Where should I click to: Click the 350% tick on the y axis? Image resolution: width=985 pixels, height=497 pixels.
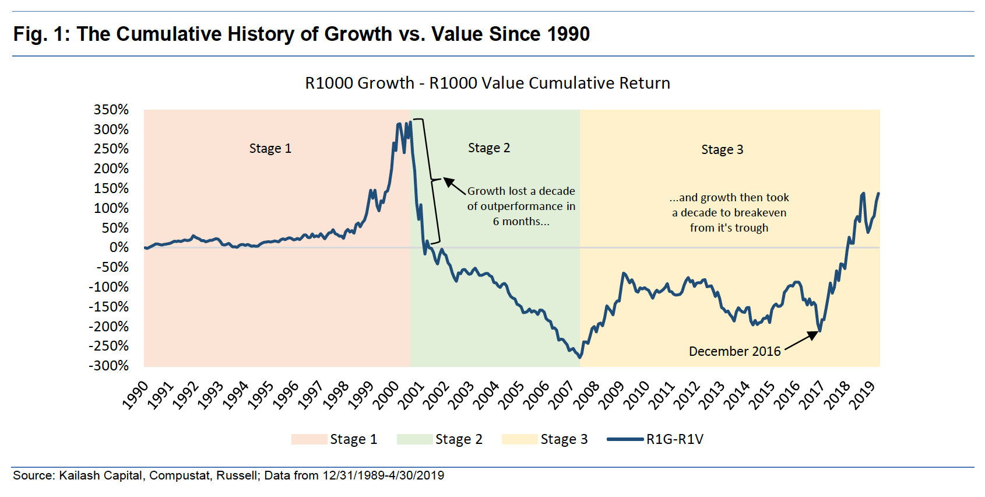[x=111, y=110]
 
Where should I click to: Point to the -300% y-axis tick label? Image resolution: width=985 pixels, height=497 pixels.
[x=109, y=366]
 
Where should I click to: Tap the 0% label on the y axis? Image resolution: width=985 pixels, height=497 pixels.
[x=119, y=247]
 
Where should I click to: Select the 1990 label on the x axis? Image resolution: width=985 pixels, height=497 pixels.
[x=136, y=395]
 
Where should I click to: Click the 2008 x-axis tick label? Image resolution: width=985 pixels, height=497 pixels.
[x=586, y=395]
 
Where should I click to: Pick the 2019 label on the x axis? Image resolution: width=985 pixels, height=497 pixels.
[x=862, y=395]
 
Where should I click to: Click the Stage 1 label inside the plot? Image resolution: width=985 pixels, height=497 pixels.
[x=270, y=149]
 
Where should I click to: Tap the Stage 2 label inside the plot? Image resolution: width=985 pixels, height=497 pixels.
[x=489, y=148]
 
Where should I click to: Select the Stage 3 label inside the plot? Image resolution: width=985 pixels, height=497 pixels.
[x=722, y=150]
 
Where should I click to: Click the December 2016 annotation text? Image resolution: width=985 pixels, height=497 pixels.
[x=734, y=351]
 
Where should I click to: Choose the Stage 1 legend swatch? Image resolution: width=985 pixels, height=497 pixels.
[x=309, y=439]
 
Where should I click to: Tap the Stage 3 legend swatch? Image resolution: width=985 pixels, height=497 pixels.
[x=519, y=439]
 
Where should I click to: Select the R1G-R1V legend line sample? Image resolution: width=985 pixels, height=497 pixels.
[x=625, y=439]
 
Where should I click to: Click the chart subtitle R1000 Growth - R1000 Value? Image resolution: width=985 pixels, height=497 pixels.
[x=487, y=83]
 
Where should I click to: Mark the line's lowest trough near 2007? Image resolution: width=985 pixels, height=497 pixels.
[x=579, y=358]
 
